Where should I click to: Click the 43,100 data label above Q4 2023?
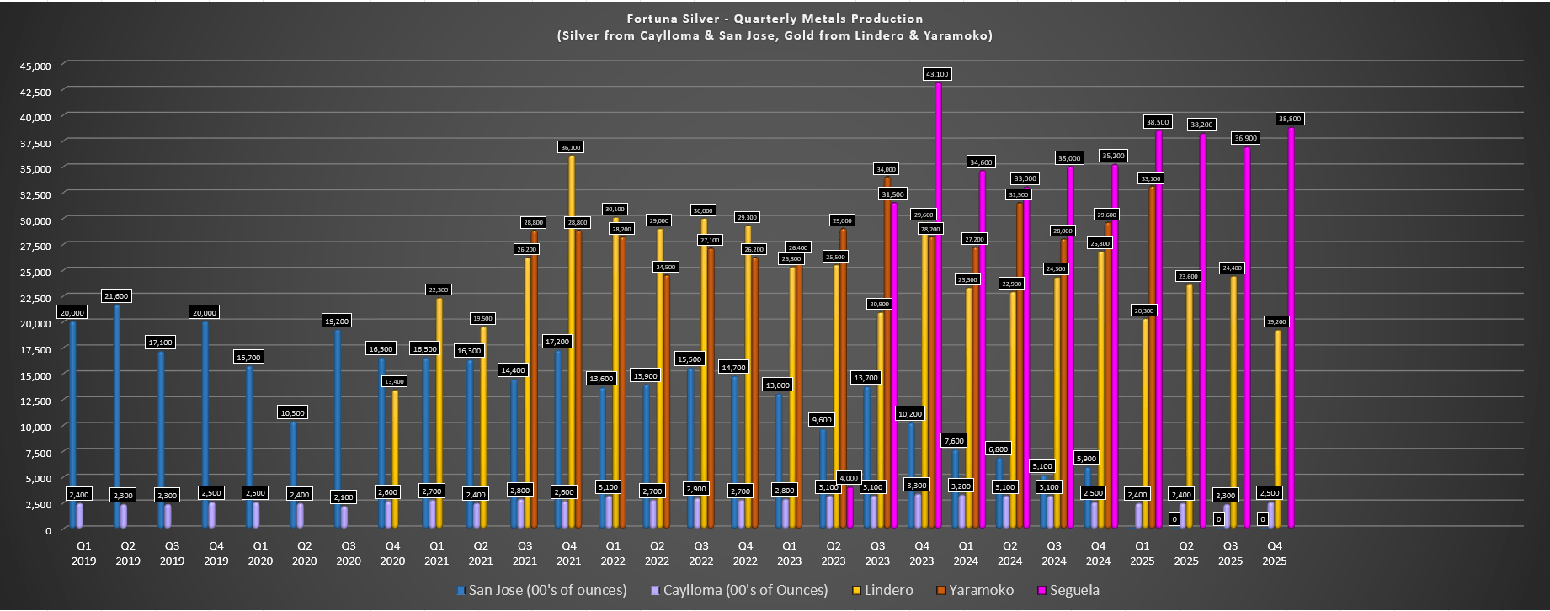point(937,74)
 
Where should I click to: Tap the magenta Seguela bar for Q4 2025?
point(1291,328)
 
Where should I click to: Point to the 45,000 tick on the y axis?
point(35,66)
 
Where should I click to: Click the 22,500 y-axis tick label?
point(35,298)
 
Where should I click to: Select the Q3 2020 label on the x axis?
point(349,553)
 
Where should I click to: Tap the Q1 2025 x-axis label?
point(1143,553)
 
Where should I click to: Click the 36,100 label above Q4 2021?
point(571,147)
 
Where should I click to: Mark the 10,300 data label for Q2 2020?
point(292,412)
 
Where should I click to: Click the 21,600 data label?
point(116,296)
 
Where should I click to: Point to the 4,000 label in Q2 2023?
point(849,478)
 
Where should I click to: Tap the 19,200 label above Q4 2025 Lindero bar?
point(1276,321)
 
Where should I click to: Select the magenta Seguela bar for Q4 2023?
point(939,303)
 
